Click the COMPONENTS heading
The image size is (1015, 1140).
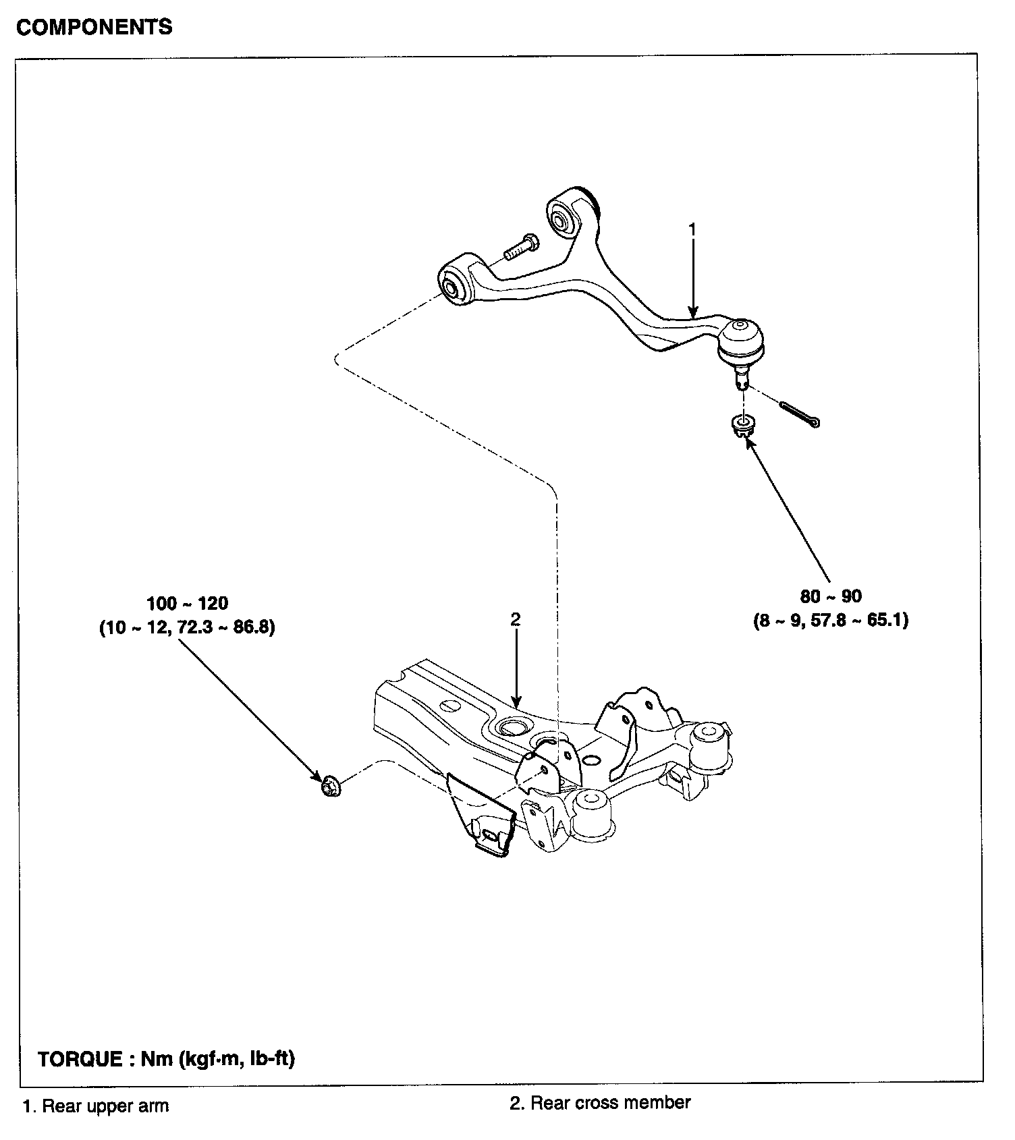pos(94,27)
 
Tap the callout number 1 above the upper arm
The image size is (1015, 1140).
pos(692,229)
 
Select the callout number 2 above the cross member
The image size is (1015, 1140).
pos(516,619)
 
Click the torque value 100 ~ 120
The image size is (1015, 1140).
pos(188,603)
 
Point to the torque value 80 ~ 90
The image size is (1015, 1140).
pos(831,596)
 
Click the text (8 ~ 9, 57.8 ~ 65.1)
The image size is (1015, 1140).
pos(831,620)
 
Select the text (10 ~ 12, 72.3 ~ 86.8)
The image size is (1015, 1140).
pos(188,628)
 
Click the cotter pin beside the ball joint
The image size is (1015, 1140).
pos(800,414)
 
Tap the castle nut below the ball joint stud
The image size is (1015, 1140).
pos(743,425)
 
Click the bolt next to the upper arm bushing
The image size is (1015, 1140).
pos(520,247)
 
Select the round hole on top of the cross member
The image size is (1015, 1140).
pos(511,727)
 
